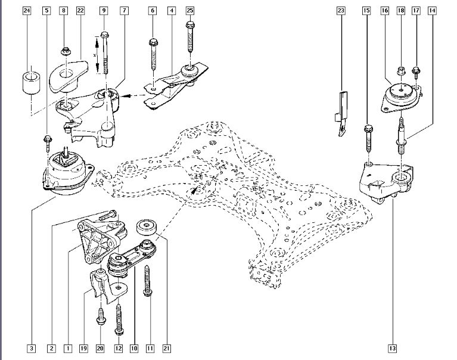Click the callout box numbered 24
click(x=26, y=11)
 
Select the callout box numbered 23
click(x=341, y=11)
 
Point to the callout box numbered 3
click(x=32, y=348)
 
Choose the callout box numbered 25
click(x=190, y=11)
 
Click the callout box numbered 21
click(x=167, y=348)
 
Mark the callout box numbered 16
click(x=384, y=11)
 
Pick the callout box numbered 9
click(x=104, y=11)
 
